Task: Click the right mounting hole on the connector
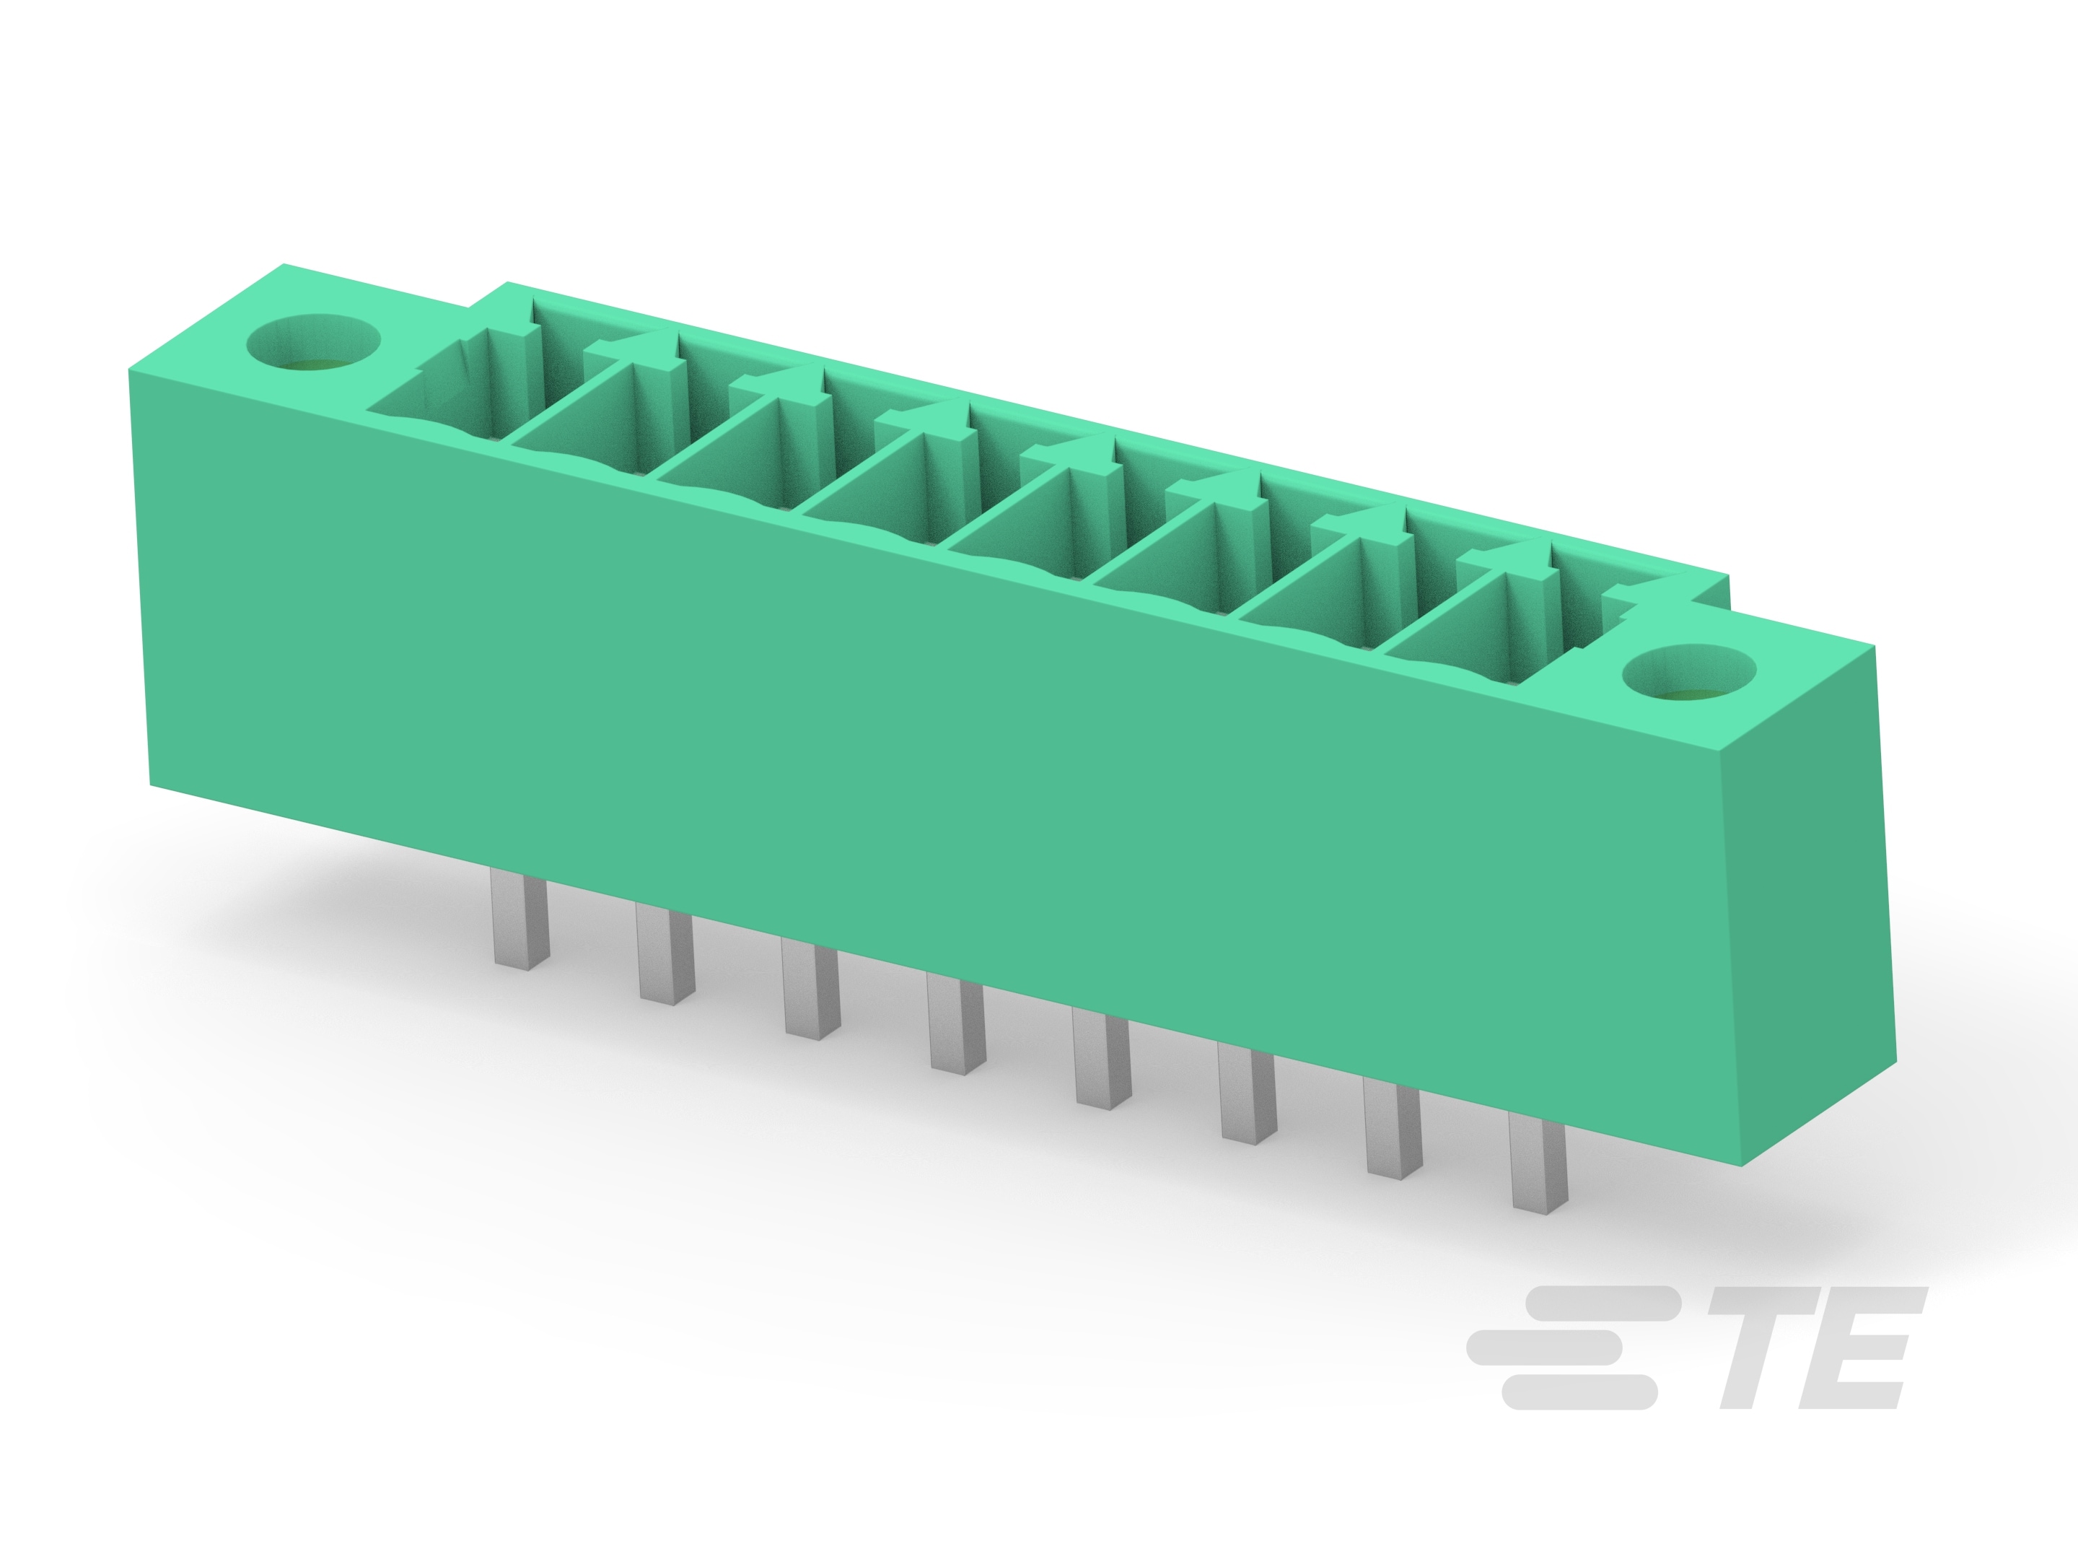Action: [1689, 674]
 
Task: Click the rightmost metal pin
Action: [1539, 1167]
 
